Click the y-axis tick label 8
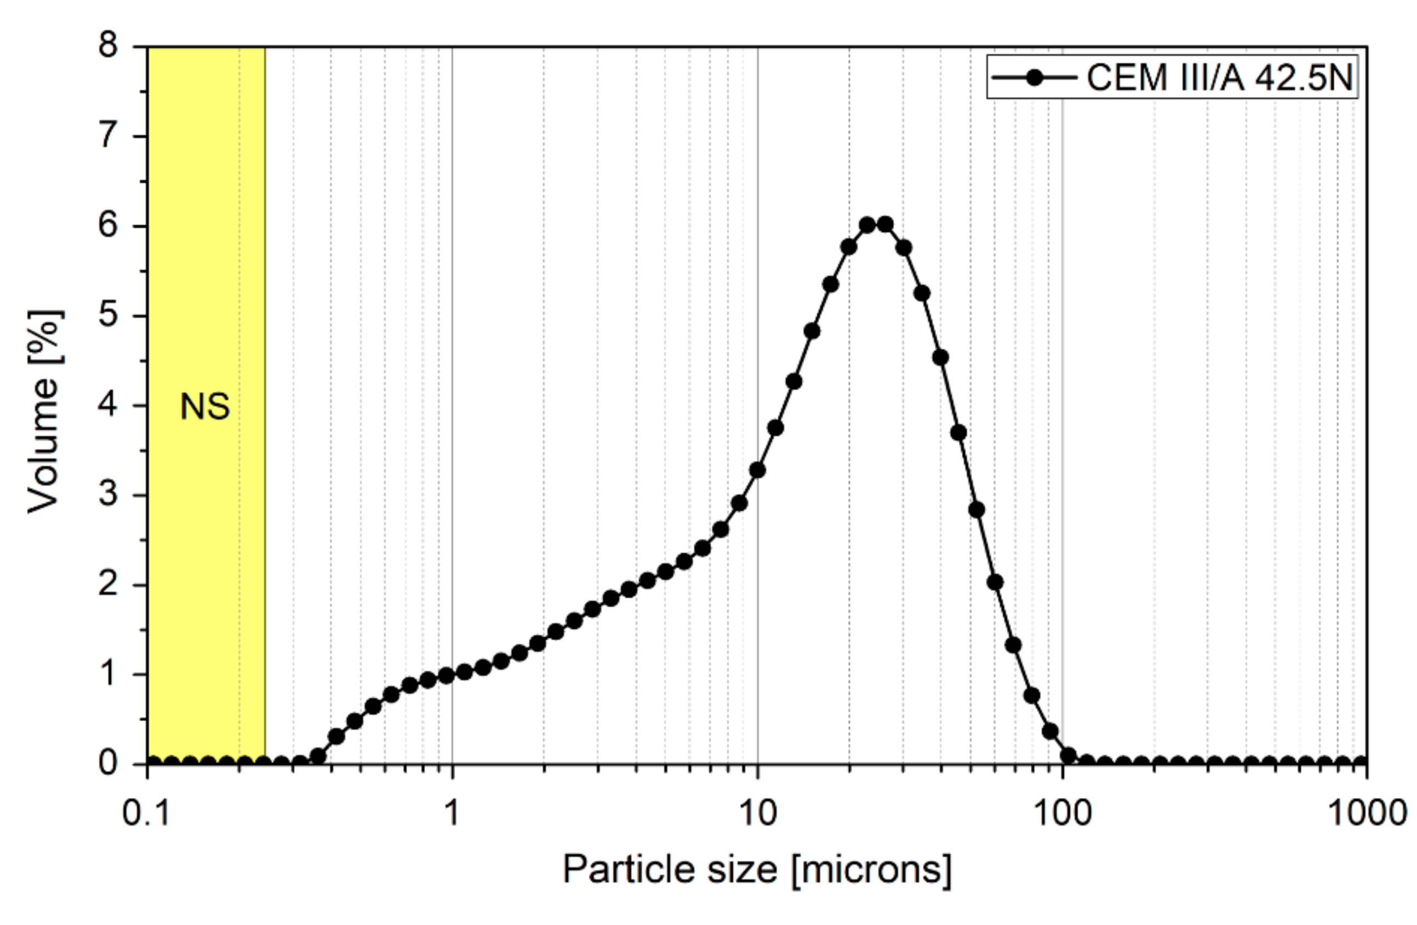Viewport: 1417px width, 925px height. [x=108, y=45]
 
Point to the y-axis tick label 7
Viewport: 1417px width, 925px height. [x=108, y=136]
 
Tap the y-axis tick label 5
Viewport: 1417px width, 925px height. [x=108, y=315]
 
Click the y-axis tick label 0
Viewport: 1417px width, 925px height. [x=108, y=763]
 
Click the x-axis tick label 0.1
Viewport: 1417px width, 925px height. [x=147, y=813]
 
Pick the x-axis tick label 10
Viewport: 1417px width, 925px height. [x=758, y=813]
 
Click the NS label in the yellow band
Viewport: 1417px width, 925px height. [x=205, y=407]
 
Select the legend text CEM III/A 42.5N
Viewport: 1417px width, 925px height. [x=1220, y=77]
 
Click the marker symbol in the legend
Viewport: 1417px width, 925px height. [x=1035, y=77]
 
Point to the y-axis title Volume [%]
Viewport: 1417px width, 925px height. [x=44, y=411]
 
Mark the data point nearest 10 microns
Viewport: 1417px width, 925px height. [x=757, y=470]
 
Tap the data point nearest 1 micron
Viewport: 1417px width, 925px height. [x=447, y=675]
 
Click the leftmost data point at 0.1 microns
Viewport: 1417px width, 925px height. [x=153, y=763]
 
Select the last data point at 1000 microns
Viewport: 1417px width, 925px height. [x=1361, y=763]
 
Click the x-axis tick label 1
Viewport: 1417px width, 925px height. [x=453, y=813]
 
